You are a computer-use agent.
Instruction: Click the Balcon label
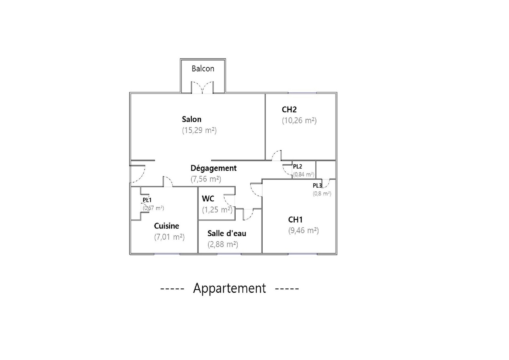click(203, 69)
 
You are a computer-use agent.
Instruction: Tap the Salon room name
click(192, 119)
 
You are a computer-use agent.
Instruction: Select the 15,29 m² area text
click(199, 130)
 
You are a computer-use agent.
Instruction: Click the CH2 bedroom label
click(289, 110)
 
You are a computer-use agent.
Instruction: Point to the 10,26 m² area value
click(299, 121)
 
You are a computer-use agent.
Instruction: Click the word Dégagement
click(214, 168)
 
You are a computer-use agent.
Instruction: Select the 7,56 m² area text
click(206, 179)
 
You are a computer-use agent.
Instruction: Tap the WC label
click(208, 199)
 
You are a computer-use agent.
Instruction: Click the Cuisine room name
click(166, 226)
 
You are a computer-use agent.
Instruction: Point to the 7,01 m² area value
click(170, 237)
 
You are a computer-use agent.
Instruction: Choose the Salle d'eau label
click(227, 234)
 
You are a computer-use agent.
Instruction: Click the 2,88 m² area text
click(223, 245)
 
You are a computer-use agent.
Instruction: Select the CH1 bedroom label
click(295, 219)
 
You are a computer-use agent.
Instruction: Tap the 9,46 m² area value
click(303, 230)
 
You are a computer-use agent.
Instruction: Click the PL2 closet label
click(297, 166)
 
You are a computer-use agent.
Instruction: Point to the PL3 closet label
click(317, 186)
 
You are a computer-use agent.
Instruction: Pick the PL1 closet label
click(147, 200)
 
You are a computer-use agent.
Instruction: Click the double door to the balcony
click(202, 88)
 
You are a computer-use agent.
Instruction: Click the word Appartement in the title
click(229, 288)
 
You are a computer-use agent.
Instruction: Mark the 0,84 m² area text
click(303, 174)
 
